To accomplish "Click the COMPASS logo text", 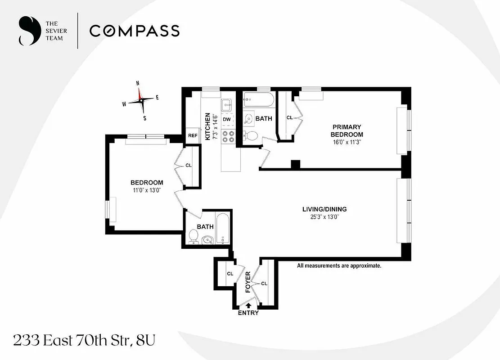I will pyautogui.click(x=134, y=31).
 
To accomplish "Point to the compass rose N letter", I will pyautogui.click(x=138, y=83).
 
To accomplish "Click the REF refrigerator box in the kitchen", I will pyautogui.click(x=193, y=135).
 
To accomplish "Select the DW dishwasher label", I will pyautogui.click(x=227, y=119).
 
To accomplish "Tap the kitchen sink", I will pyautogui.click(x=226, y=105).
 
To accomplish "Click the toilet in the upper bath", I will pyautogui.click(x=252, y=136).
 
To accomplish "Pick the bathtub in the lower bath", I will pyautogui.click(x=222, y=228).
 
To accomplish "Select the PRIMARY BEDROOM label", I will pyautogui.click(x=347, y=130).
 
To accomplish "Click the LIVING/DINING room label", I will pyautogui.click(x=324, y=209).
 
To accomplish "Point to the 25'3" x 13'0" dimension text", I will pyautogui.click(x=324, y=217).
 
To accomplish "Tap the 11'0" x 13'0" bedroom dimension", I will pyautogui.click(x=146, y=190).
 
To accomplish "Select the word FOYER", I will pyautogui.click(x=248, y=282).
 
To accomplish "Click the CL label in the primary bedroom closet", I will pyautogui.click(x=289, y=118).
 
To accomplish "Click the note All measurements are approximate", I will pyautogui.click(x=339, y=266).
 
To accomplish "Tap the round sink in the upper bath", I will pyautogui.click(x=249, y=119).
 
